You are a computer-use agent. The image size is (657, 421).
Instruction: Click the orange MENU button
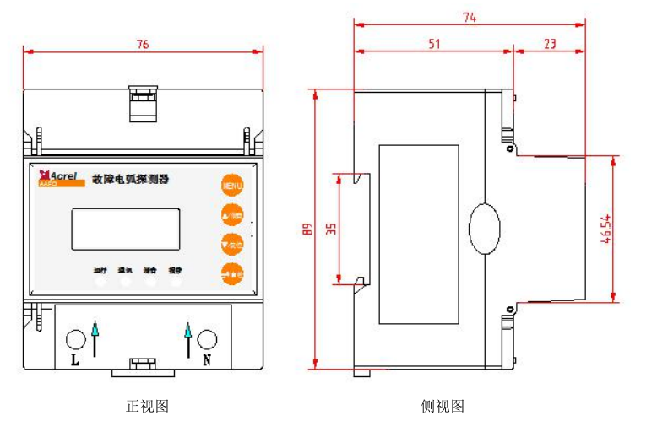click(x=232, y=185)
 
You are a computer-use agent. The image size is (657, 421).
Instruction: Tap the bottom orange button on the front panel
click(x=232, y=273)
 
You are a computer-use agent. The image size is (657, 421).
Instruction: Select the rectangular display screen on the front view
click(x=125, y=229)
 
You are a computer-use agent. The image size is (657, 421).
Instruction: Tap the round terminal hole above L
click(x=75, y=338)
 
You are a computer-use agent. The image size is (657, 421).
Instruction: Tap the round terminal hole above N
click(x=207, y=338)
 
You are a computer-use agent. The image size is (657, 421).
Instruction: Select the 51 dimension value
click(x=434, y=45)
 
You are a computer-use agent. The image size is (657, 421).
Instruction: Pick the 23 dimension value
click(x=550, y=45)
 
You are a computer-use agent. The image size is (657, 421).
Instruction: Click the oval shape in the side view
click(x=485, y=228)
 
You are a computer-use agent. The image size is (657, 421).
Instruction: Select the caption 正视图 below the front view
click(x=147, y=406)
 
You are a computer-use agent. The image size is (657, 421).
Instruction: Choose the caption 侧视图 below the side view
click(x=443, y=406)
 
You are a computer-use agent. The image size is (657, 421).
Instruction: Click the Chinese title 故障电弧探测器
click(x=142, y=179)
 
